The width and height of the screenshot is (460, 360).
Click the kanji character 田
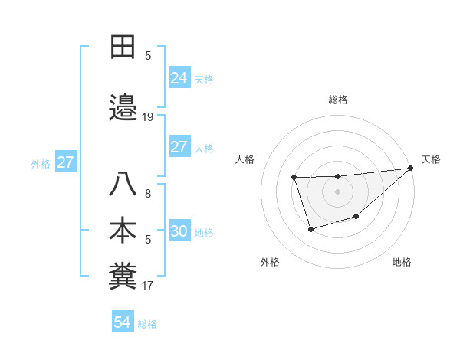123,47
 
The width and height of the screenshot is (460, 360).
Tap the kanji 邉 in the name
123,108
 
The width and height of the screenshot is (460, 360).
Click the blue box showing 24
179,77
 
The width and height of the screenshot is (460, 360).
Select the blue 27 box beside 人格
179,147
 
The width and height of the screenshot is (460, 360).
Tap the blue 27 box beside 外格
65,162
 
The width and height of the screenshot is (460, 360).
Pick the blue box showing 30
179,231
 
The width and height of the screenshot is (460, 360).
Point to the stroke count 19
148,117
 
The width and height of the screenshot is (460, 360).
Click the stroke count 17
148,286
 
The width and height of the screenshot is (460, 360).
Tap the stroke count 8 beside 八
148,194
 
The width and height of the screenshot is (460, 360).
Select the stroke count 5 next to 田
148,56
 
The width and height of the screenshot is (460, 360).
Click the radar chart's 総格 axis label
338,100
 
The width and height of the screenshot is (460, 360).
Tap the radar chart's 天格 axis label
431,159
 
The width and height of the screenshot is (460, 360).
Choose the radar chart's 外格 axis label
270,262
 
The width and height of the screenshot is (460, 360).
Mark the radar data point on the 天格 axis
411,168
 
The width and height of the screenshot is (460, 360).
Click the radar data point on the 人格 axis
294,178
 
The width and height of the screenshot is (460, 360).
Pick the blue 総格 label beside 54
147,324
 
